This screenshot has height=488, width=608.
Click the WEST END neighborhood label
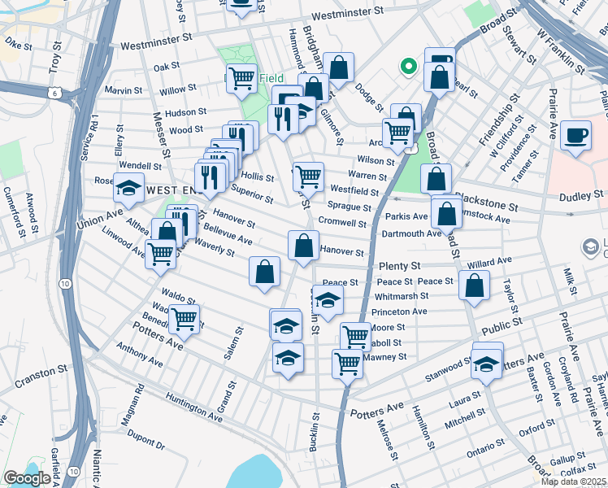pos(172,189)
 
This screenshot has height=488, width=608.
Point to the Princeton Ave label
pos(398,312)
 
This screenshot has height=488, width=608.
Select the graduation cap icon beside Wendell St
pos(129,188)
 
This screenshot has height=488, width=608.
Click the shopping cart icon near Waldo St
pos(185,318)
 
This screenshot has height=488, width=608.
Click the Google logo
pos(27,478)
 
